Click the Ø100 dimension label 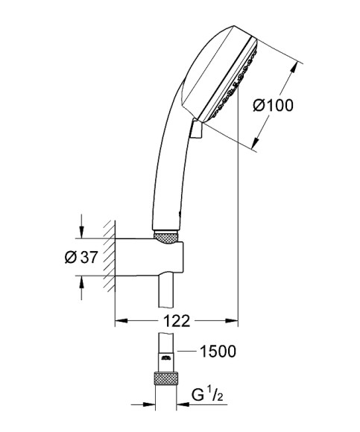coord(274,106)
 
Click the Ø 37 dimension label coord(81,257)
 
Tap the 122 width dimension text coord(177,321)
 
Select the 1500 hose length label coord(218,352)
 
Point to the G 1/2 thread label coord(207,395)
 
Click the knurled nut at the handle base coord(165,237)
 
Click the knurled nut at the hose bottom coord(165,378)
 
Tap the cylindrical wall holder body coord(149,257)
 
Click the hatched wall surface coord(110,255)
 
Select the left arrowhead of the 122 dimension coord(121,321)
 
